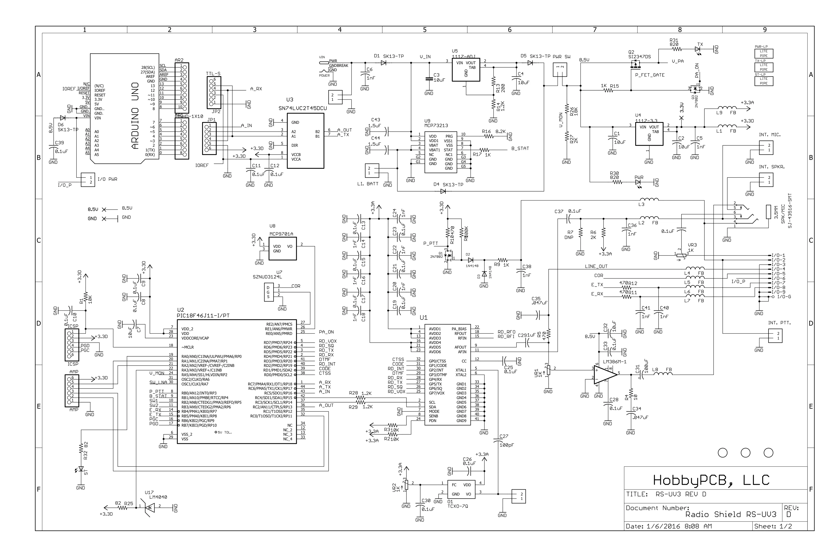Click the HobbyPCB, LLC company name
coord(711,481)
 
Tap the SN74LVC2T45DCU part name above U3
coord(302,108)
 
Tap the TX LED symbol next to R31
coord(698,50)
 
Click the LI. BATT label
coord(367,184)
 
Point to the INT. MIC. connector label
coord(770,134)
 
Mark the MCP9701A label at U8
coord(281,234)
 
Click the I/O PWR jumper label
coord(107,179)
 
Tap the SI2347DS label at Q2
coord(639,57)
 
